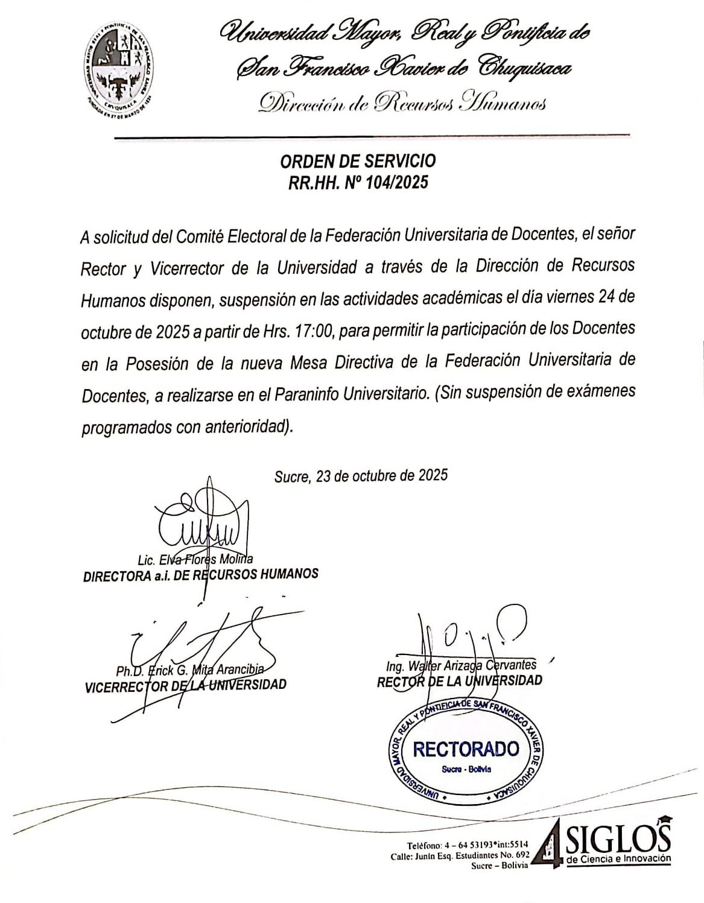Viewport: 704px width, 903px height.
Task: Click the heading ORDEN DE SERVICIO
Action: [358, 162]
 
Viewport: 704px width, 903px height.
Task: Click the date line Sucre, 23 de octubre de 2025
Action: [361, 476]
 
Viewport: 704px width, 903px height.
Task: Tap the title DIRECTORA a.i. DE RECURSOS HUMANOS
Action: [200, 574]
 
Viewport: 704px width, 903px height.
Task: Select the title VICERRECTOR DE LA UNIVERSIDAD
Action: [186, 685]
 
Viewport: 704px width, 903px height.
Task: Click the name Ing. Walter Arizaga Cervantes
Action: [461, 665]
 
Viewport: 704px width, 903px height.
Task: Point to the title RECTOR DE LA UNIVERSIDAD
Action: [459, 680]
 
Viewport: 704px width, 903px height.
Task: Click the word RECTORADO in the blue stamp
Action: [466, 749]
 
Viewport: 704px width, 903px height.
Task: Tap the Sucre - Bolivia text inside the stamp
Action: [466, 769]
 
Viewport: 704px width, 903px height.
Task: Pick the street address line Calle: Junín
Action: [460, 855]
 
